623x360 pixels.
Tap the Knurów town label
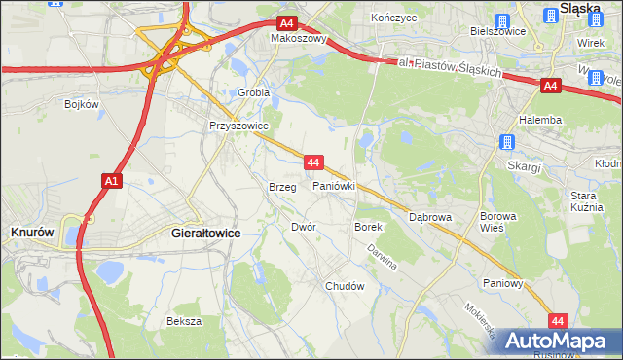31,233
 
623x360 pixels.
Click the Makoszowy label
298,40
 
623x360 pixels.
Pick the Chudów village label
345,286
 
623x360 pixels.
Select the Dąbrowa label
430,217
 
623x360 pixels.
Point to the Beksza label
184,320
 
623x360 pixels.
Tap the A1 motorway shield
111,180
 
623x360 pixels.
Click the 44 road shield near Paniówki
312,162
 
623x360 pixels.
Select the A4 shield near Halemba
550,86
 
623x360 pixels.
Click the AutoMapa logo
558,341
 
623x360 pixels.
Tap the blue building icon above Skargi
506,143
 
